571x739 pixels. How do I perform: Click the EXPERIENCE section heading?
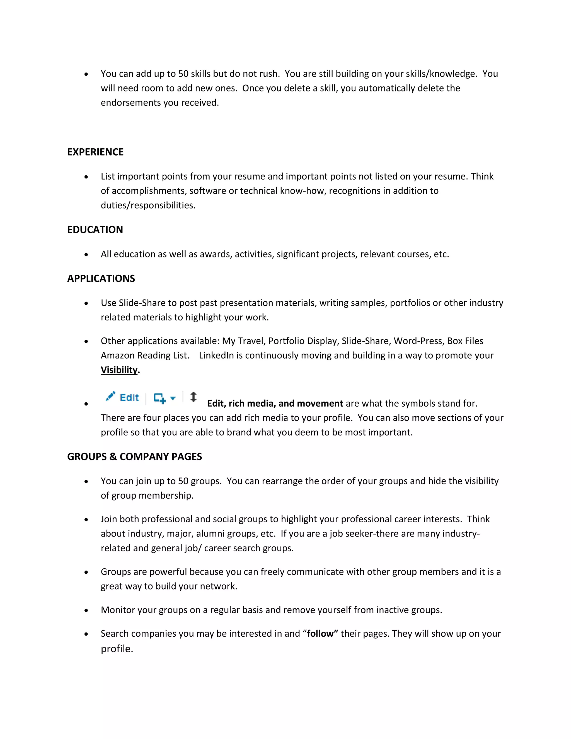tap(95, 152)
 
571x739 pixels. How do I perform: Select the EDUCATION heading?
tap(95, 230)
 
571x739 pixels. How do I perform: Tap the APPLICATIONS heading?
tap(101, 279)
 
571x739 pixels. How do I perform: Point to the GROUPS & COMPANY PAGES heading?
tap(134, 457)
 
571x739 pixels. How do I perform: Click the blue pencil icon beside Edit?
tap(110, 396)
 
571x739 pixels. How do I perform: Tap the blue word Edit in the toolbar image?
tap(129, 398)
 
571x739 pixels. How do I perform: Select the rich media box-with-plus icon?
tap(160, 398)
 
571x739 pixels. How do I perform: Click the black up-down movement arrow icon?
tap(193, 397)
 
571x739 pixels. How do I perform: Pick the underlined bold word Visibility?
tap(119, 370)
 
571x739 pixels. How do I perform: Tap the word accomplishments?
tap(149, 191)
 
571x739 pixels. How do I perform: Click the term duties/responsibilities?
tap(147, 206)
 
